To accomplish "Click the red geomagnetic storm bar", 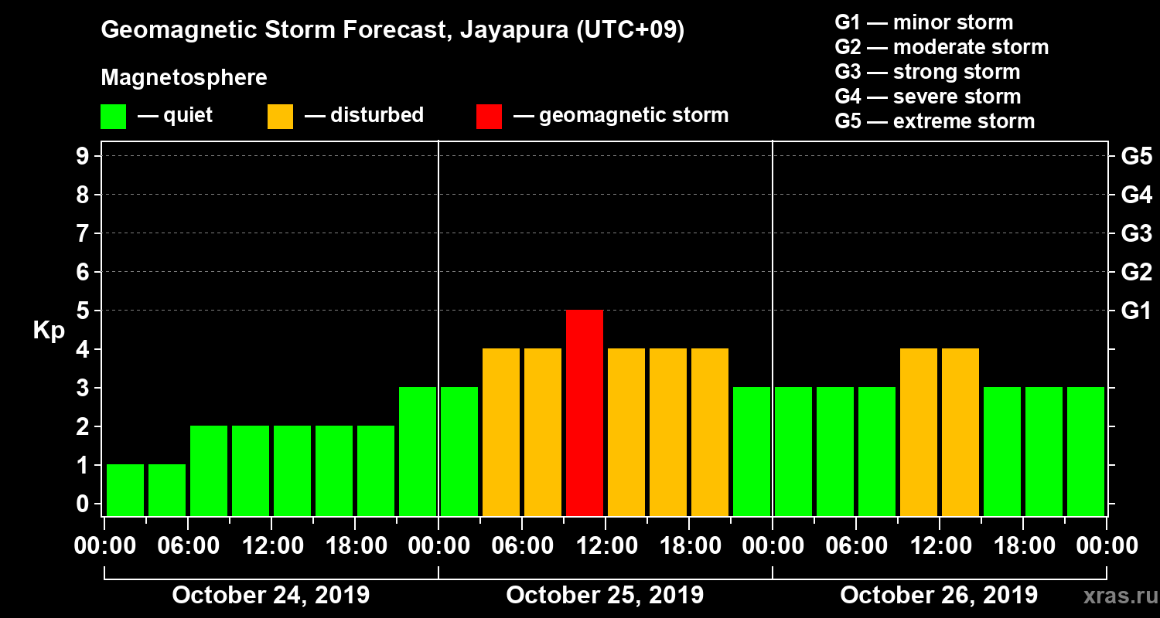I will tap(585, 413).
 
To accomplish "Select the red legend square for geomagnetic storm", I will tap(489, 116).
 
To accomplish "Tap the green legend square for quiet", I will tap(113, 116).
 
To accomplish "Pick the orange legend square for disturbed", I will tap(280, 116).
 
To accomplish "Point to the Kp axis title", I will tap(49, 331).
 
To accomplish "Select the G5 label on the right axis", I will tap(1136, 157).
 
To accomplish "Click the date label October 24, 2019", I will tap(271, 596).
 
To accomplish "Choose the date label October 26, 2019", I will tap(939, 596).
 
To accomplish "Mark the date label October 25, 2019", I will tap(605, 596).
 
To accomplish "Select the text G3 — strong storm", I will tap(927, 72).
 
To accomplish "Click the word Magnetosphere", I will tap(184, 78).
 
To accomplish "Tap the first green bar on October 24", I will tap(125, 490).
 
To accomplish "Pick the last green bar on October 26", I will tap(1086, 451).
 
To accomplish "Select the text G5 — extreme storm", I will tap(934, 121).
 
